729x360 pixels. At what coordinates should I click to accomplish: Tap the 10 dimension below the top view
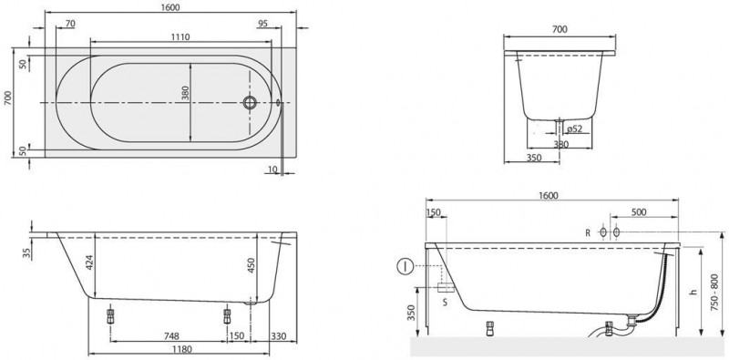[273, 170]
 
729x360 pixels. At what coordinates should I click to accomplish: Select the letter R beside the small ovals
[588, 232]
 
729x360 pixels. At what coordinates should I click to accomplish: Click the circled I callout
[404, 268]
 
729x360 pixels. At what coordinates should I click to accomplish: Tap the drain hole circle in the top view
[246, 103]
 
